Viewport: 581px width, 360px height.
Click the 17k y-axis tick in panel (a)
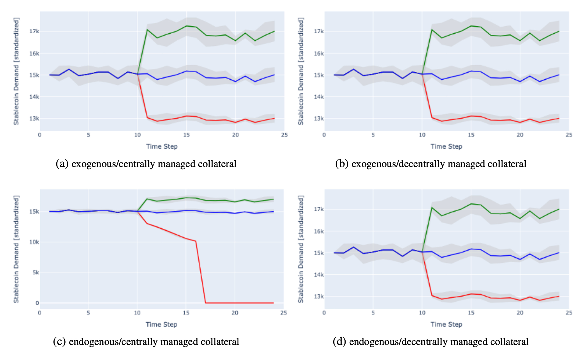(x=34, y=31)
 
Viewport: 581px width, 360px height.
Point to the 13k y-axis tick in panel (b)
(x=319, y=118)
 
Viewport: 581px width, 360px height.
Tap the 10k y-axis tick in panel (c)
(x=34, y=242)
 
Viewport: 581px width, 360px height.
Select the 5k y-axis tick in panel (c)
(x=36, y=273)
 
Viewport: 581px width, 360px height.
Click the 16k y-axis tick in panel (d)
(x=319, y=231)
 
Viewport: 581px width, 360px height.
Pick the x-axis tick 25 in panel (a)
(x=284, y=135)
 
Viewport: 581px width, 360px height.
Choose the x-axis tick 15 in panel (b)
(x=471, y=135)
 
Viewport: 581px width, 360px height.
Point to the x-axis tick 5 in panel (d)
(x=373, y=313)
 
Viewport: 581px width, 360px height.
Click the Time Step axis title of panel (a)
(x=162, y=147)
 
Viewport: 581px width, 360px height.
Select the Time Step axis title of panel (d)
(x=446, y=324)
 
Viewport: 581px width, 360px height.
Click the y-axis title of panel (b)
(x=301, y=71)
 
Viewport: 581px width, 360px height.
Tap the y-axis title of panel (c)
(x=16, y=249)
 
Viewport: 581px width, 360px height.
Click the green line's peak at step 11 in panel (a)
(x=147, y=30)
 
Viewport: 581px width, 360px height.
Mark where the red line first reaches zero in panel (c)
(x=206, y=303)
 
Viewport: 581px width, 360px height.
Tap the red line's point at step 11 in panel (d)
(x=432, y=295)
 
